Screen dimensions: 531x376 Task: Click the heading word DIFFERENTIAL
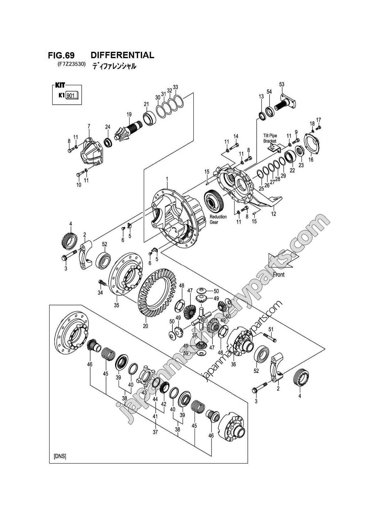tap(122, 55)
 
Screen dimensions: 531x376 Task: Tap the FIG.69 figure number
tap(61, 55)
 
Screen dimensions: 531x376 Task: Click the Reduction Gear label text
tap(218, 219)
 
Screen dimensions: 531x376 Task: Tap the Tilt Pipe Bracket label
tap(270, 138)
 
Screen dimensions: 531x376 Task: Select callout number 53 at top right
tap(282, 84)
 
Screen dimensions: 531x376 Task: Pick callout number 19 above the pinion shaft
tap(129, 114)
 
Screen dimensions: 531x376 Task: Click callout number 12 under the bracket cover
tap(273, 214)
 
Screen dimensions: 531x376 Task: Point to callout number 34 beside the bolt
tap(100, 293)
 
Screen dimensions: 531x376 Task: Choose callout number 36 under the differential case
tap(233, 364)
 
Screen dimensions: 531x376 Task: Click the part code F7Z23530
tap(71, 64)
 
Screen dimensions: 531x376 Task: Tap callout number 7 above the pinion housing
tap(89, 125)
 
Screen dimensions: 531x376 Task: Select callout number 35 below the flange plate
tap(117, 305)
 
